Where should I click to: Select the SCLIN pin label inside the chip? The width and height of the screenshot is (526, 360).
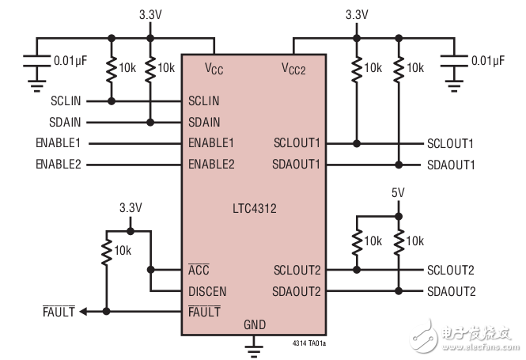click(204, 101)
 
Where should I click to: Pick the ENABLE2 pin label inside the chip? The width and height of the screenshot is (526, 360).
click(211, 165)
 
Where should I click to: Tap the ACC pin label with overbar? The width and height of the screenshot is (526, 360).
click(199, 270)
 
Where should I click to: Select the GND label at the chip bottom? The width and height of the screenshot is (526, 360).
click(255, 324)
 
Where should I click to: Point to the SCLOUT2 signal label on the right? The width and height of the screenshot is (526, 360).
click(451, 270)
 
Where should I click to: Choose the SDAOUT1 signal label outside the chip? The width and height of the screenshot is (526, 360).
click(451, 165)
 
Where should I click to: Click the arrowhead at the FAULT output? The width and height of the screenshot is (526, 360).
click(84, 312)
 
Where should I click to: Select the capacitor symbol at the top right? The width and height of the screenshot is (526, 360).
click(456, 59)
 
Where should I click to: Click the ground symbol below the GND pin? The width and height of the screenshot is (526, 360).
click(255, 346)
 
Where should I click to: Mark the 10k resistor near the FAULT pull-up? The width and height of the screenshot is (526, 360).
click(106, 252)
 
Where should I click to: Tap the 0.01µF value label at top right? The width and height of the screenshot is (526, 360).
click(489, 59)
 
